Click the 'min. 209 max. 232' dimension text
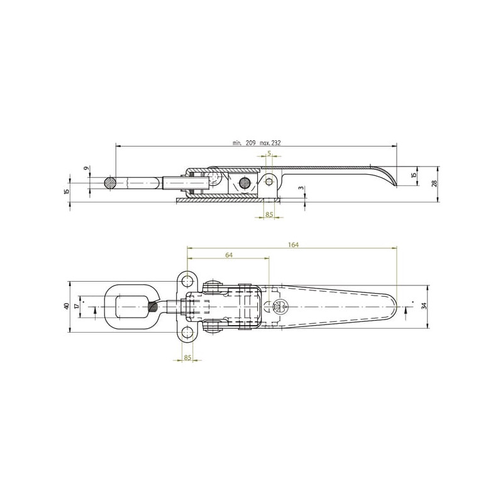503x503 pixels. click(257, 143)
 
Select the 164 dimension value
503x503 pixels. click(293, 245)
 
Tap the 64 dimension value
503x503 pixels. click(229, 255)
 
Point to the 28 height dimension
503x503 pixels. click(434, 184)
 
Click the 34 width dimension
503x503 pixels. click(424, 306)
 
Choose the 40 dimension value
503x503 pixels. click(67, 306)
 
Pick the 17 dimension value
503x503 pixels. click(77, 306)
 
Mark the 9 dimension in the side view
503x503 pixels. click(86, 168)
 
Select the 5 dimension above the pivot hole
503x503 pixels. click(270, 153)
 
